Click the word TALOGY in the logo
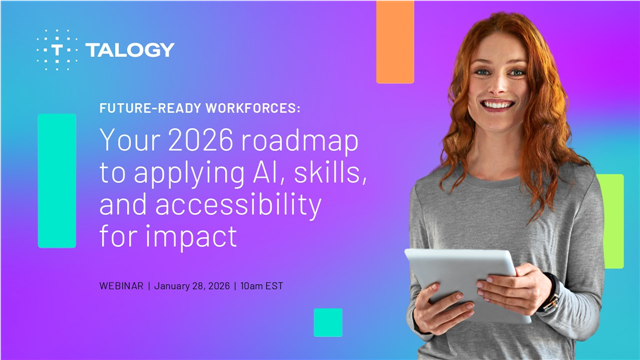[x=130, y=49]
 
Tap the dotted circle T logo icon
[x=59, y=49]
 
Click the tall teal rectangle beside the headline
[x=57, y=180]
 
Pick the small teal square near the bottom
[x=327, y=322]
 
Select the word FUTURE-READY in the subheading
[x=140, y=108]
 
